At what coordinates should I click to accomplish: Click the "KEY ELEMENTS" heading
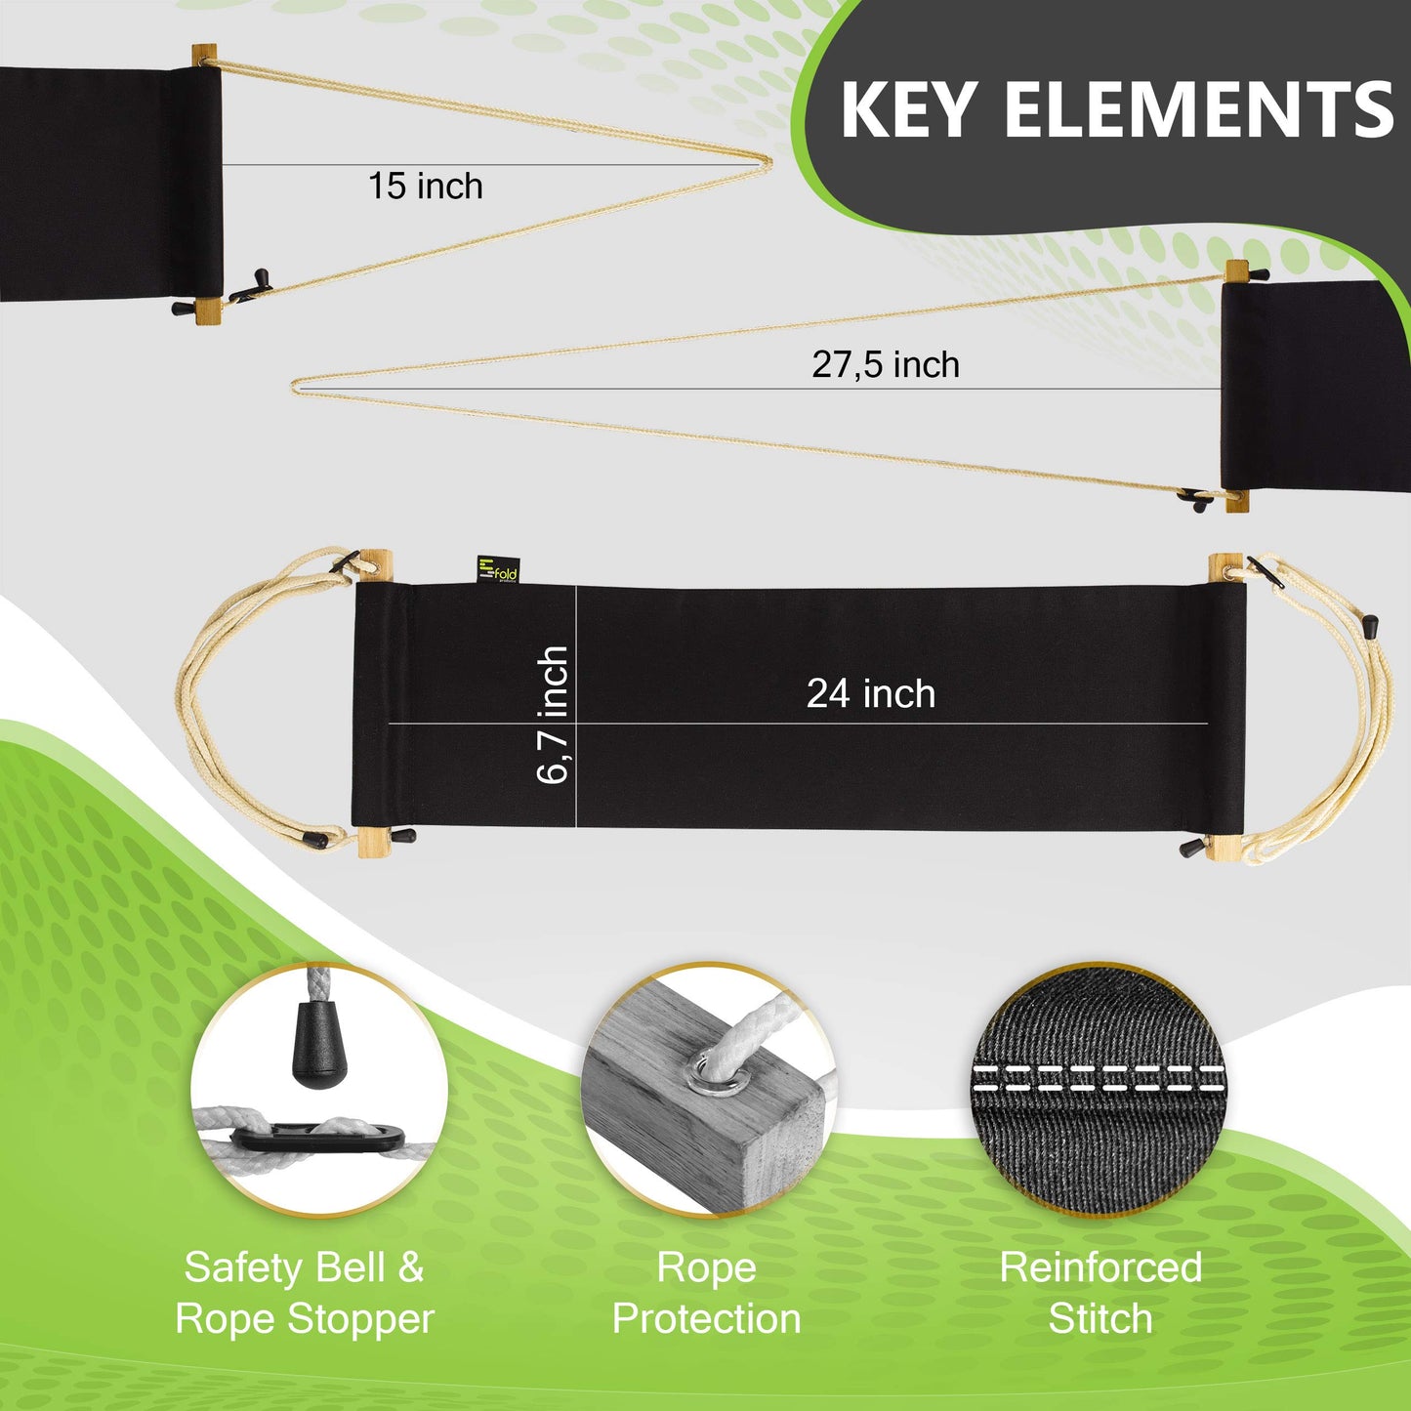1116,109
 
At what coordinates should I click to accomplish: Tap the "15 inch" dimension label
425,187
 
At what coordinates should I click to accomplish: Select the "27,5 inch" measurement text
886,365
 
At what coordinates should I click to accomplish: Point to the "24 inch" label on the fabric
870,694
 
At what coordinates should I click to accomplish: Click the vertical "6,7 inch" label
553,715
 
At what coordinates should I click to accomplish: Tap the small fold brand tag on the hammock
497,570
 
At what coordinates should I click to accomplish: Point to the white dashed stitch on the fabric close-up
1099,1078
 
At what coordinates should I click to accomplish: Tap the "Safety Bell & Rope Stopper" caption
305,1293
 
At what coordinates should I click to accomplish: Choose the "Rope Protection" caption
706,1293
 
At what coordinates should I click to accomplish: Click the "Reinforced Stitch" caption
1100,1293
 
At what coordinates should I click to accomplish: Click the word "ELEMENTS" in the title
1199,109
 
